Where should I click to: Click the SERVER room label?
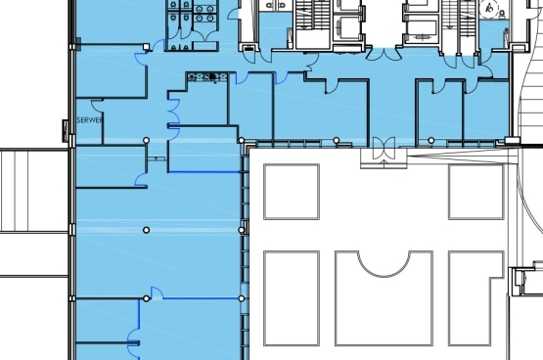90,120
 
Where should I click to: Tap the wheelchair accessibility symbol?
489,8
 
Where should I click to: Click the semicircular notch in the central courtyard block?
384,264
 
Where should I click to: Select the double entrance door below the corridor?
384,148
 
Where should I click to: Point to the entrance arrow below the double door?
385,163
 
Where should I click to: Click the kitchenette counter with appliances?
207,77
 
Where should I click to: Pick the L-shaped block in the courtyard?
476,298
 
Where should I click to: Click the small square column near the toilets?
146,47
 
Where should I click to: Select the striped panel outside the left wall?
34,191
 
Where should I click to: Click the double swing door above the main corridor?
385,55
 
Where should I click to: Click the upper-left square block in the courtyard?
292,192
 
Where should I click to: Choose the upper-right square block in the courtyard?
476,192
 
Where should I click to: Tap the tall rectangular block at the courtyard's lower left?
292,298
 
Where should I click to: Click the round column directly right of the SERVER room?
147,140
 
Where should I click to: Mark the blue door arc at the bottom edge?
133,344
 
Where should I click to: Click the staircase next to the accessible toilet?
460,18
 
